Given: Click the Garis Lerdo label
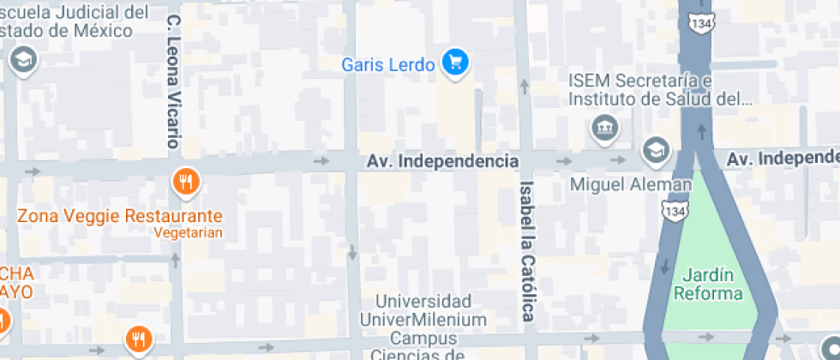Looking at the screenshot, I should [x=387, y=64].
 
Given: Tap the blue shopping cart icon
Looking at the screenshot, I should [x=455, y=63].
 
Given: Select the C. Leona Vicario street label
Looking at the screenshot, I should [x=174, y=81].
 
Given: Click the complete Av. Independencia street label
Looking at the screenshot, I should [x=443, y=161].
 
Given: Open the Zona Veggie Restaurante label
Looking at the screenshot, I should [x=119, y=216].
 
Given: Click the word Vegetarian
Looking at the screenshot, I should [x=189, y=232].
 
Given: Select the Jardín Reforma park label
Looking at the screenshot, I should [x=708, y=285].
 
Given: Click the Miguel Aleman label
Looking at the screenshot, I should [x=631, y=185].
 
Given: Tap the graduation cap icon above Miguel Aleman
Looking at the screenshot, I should [x=656, y=149].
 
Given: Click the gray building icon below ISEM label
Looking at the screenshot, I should [x=605, y=129].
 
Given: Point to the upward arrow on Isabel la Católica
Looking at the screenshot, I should [x=523, y=86].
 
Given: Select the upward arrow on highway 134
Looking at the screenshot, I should [x=703, y=130].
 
